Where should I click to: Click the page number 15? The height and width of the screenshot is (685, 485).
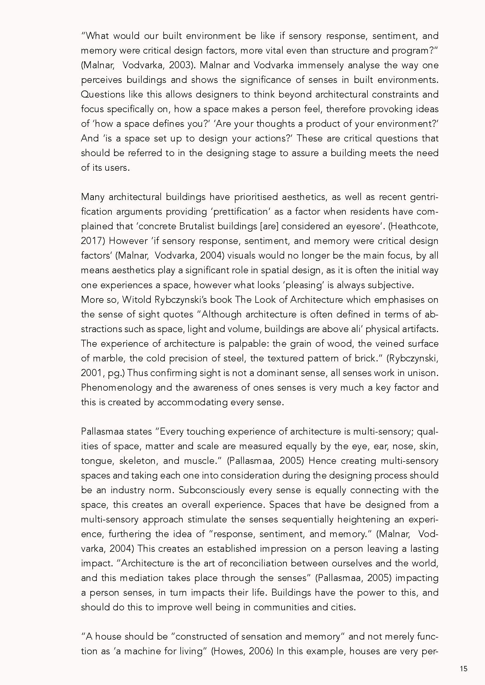click(x=464, y=669)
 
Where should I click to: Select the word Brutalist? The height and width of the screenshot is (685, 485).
click(x=197, y=226)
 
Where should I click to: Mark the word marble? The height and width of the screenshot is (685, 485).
click(x=108, y=358)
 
